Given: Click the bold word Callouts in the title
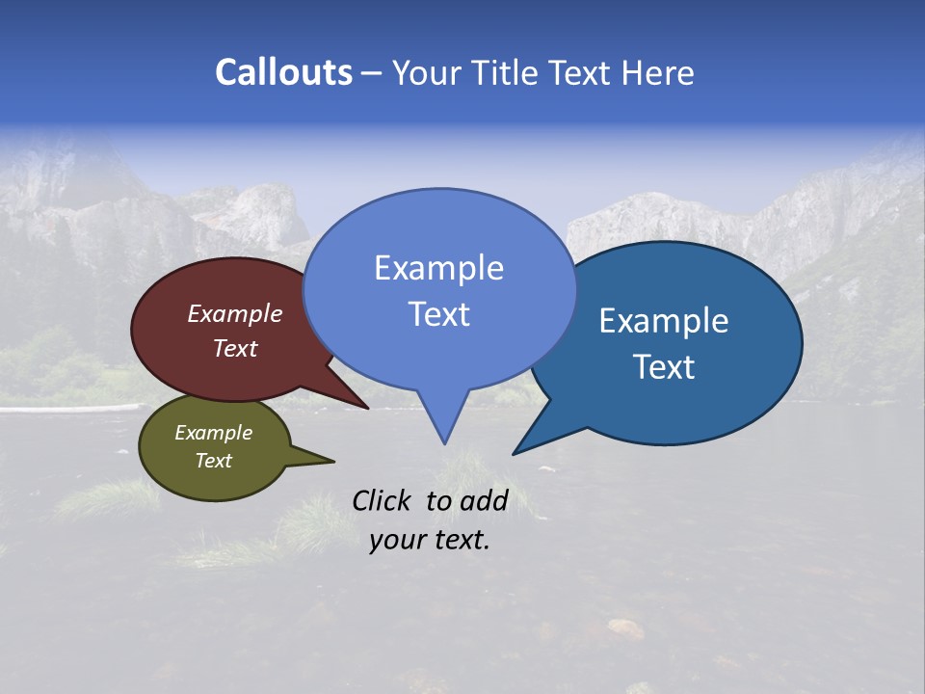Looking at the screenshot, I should point(283,72).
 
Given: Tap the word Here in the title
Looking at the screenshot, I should point(657,73).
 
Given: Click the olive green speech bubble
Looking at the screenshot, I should point(193,477).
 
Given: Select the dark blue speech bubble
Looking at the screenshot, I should point(713,405).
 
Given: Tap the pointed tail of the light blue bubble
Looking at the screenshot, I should point(443,424).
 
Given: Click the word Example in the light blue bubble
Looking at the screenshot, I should point(438,268).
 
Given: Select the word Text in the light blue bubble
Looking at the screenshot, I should point(438,314).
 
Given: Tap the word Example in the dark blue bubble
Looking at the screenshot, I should point(664,321).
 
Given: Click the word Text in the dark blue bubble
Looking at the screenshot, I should point(664,367).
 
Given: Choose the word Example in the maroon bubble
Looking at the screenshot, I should point(234,314).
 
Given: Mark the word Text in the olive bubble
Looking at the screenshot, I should point(213,461).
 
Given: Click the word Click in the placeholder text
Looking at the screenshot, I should point(381,500).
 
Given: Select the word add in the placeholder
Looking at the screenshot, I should point(484,500).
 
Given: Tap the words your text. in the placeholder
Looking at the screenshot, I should point(430,540).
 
